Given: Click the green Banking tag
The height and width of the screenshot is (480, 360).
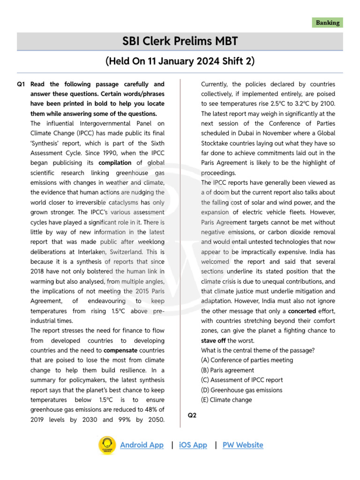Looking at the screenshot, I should (328, 22).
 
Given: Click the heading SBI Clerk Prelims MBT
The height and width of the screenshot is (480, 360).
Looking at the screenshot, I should (180, 42).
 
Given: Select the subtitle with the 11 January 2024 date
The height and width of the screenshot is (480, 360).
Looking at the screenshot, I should (180, 61).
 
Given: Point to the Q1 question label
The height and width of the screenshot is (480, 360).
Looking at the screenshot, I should (21, 84).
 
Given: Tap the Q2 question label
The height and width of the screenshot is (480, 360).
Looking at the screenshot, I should (192, 415).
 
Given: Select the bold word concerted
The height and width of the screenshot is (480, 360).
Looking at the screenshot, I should (301, 311).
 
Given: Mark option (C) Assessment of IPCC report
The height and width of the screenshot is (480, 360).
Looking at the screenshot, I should (242, 380).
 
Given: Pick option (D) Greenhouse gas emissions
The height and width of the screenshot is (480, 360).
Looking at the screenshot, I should (241, 390).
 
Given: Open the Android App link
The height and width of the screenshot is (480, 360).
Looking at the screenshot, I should (142, 445).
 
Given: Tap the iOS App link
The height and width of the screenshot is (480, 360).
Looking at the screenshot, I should (193, 445).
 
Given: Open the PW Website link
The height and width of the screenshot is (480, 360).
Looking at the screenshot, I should (243, 445).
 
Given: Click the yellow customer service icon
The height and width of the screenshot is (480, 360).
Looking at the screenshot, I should (107, 445).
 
